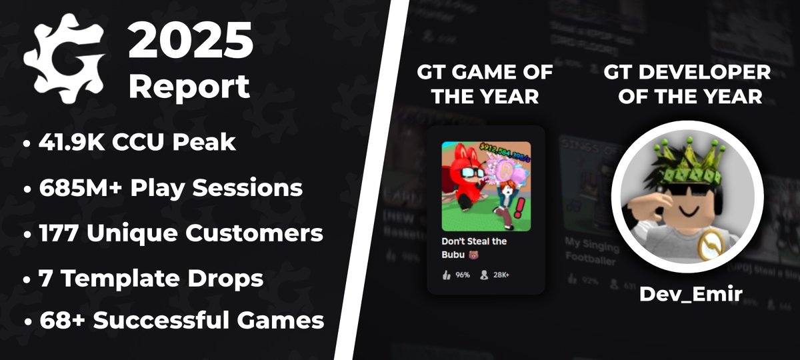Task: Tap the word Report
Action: tap(189, 87)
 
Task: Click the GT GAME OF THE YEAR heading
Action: tap(485, 84)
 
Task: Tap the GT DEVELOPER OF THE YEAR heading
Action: tap(687, 84)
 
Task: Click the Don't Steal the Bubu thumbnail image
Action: tap(486, 186)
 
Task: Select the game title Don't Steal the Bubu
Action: tap(474, 247)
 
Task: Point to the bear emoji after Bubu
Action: tap(474, 255)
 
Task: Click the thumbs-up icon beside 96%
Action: tap(446, 275)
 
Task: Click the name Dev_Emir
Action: tap(691, 294)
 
